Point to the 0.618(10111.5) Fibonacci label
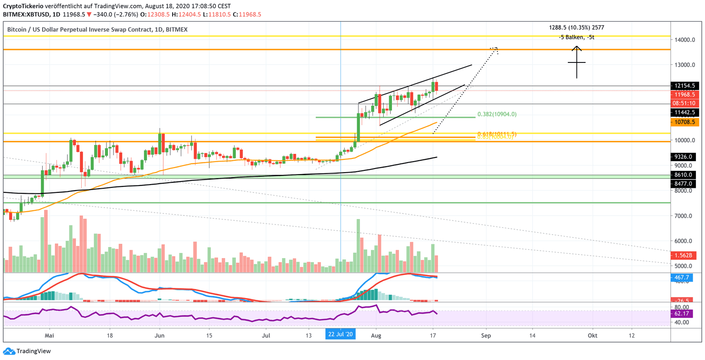(x=497, y=134)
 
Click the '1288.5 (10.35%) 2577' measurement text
(x=576, y=28)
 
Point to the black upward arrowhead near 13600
(x=577, y=48)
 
